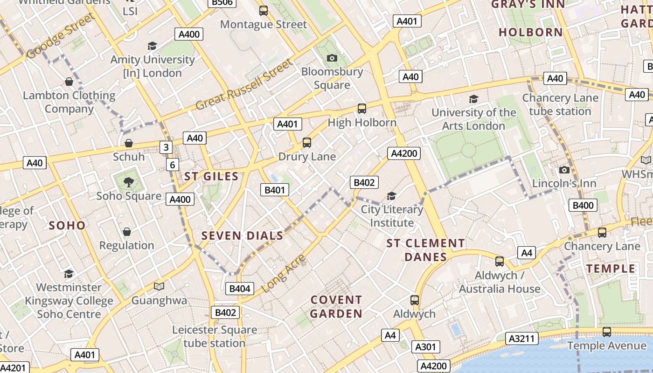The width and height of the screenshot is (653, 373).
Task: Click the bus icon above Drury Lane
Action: coord(307,143)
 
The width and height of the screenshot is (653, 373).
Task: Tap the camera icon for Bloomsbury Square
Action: coord(332,58)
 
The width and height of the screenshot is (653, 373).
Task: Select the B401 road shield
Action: coord(274,190)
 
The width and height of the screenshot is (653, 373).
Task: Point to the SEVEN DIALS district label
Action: coord(242,235)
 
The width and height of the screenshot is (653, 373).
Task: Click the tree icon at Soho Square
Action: coord(129,182)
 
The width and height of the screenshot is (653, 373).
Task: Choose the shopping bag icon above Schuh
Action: coord(129,143)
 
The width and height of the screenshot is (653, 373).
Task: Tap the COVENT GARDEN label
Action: coord(336,306)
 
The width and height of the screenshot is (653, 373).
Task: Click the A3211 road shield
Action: coord(523,338)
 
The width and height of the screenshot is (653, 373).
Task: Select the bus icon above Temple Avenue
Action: coord(606,332)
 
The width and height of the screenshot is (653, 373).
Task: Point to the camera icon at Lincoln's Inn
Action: coord(564,170)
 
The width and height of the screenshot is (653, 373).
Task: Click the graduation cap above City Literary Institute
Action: coord(391,196)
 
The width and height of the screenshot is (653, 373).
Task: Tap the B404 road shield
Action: coord(240,289)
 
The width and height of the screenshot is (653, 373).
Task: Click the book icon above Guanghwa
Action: coord(159,286)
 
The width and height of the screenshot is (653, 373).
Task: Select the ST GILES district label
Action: coord(211,176)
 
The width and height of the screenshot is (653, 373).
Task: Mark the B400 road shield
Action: coord(583,205)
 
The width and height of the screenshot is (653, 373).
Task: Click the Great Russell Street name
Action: coord(244,84)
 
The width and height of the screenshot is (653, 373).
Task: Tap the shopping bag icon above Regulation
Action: coord(126,232)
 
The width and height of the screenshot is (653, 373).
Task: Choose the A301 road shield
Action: coord(425,347)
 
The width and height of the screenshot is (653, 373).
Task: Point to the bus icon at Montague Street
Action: coord(264,11)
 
